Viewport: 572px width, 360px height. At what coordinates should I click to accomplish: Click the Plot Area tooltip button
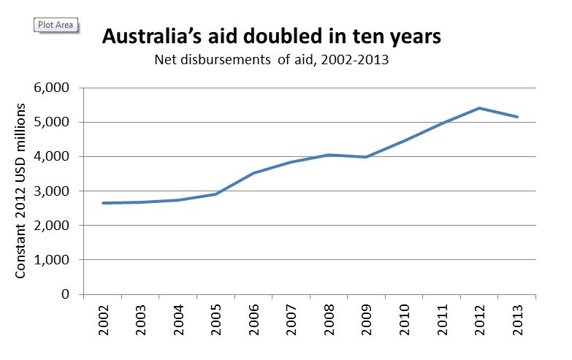coord(56,25)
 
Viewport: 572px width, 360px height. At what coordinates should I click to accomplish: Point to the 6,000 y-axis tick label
coord(52,88)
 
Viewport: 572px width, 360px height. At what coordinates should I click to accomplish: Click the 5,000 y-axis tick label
coord(52,123)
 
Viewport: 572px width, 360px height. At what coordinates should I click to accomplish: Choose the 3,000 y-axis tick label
coord(52,191)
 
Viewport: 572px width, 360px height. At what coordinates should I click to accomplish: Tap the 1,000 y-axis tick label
coord(52,260)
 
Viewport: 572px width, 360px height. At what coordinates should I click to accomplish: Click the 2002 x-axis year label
coord(104,321)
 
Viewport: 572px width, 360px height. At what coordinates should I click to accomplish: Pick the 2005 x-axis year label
coord(216,321)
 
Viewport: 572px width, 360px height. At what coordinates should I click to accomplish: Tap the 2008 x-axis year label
coord(329,321)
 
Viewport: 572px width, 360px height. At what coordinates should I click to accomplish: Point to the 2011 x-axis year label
coord(441,321)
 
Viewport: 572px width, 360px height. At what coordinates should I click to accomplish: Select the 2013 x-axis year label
coord(517,321)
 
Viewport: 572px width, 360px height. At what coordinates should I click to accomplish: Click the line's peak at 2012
coord(479,108)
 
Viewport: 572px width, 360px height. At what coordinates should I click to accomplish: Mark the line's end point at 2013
coord(517,117)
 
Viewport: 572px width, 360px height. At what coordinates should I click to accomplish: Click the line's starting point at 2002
coord(104,203)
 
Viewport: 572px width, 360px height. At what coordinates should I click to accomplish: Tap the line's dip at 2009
coord(366,157)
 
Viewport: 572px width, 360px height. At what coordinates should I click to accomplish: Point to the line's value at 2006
coord(253,173)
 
